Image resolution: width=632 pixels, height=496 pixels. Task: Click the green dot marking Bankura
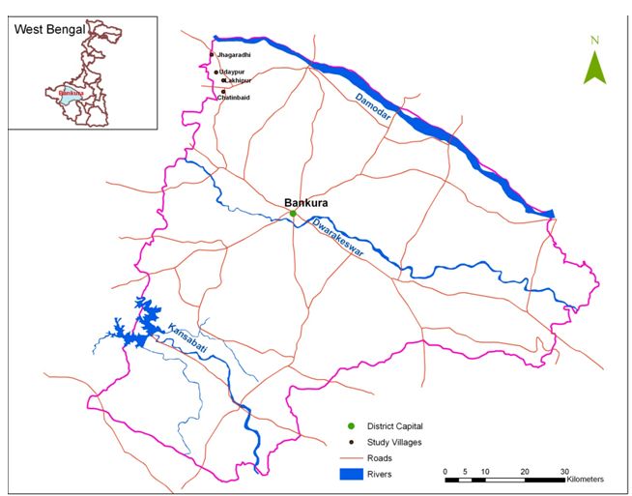(293, 214)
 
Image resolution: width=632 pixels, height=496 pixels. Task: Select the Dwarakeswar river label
(341, 241)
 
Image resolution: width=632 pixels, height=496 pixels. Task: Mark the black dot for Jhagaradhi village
(213, 55)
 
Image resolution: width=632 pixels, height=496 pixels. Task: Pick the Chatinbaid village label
(237, 97)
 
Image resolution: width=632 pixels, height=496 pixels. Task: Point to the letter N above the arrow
(595, 41)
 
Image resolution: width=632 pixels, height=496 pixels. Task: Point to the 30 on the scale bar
(564, 470)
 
